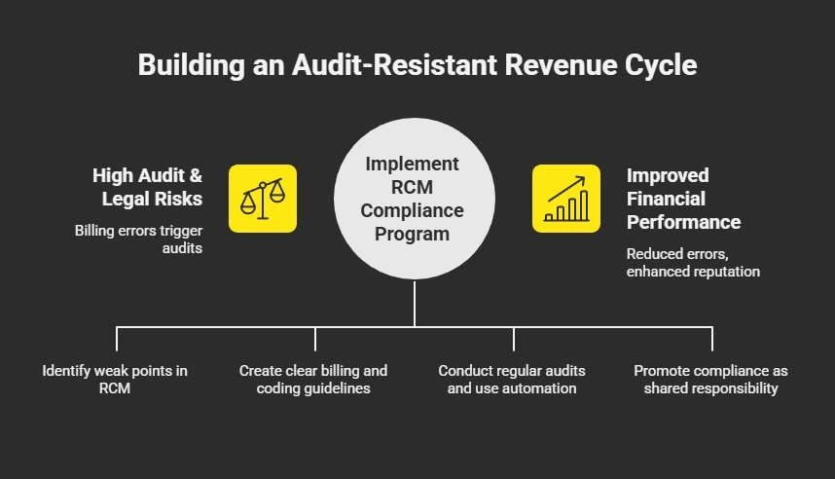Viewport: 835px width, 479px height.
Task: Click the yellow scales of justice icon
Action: pyautogui.click(x=263, y=199)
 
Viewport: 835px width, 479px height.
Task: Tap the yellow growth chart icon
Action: pyautogui.click(x=565, y=199)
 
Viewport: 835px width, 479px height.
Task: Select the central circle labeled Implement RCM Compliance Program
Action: pyautogui.click(x=414, y=199)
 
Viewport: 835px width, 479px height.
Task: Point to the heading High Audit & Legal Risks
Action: pyautogui.click(x=148, y=187)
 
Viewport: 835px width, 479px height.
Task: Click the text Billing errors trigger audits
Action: pyautogui.click(x=138, y=239)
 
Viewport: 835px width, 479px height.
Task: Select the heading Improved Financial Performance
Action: pyautogui.click(x=682, y=199)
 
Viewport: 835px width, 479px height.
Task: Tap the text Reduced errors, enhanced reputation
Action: pyautogui.click(x=692, y=263)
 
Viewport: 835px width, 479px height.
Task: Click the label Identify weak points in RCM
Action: pyautogui.click(x=115, y=379)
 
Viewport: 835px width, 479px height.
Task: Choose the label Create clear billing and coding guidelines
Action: pyautogui.click(x=313, y=379)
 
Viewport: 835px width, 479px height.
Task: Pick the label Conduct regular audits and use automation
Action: pyautogui.click(x=512, y=379)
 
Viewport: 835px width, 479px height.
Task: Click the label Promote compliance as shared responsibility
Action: pyautogui.click(x=710, y=379)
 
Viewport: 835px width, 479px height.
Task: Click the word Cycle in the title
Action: pyautogui.click(x=660, y=66)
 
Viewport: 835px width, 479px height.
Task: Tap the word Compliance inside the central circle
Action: pyautogui.click(x=414, y=210)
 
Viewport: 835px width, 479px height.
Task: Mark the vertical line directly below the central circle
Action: pyautogui.click(x=415, y=302)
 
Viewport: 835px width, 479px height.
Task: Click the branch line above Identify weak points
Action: pyautogui.click(x=117, y=338)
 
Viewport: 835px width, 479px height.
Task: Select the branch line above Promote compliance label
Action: pyautogui.click(x=712, y=338)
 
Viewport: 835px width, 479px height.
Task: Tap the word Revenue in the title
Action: pyautogui.click(x=557, y=66)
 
